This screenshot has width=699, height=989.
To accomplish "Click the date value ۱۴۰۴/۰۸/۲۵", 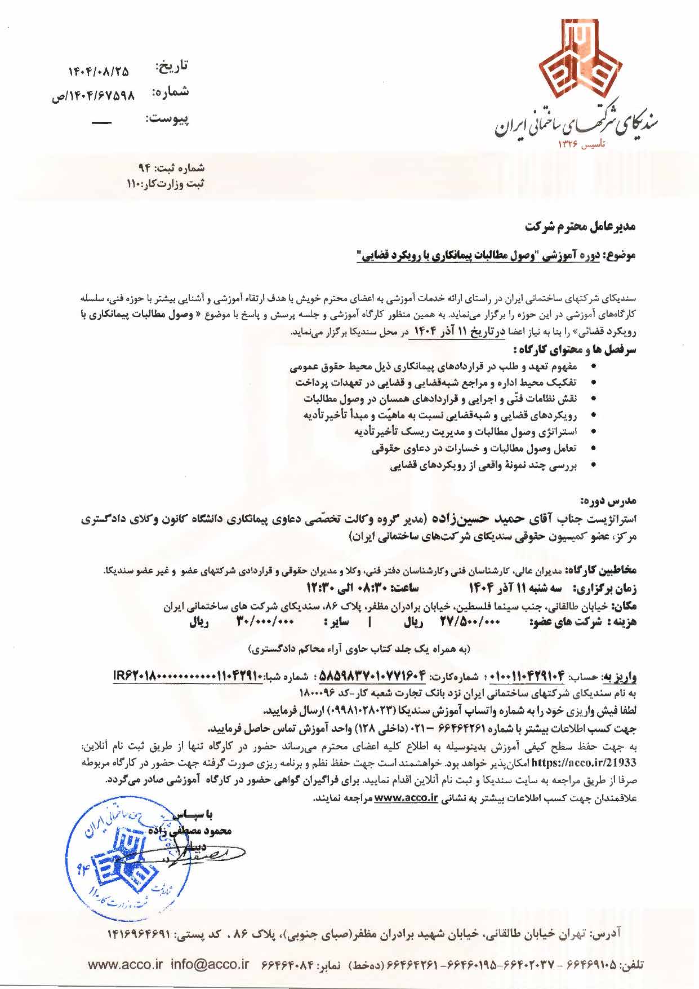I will [x=99, y=72].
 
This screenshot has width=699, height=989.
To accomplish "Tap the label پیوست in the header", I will [x=167, y=118].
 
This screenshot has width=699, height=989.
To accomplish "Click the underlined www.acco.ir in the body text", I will [x=406, y=798].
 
